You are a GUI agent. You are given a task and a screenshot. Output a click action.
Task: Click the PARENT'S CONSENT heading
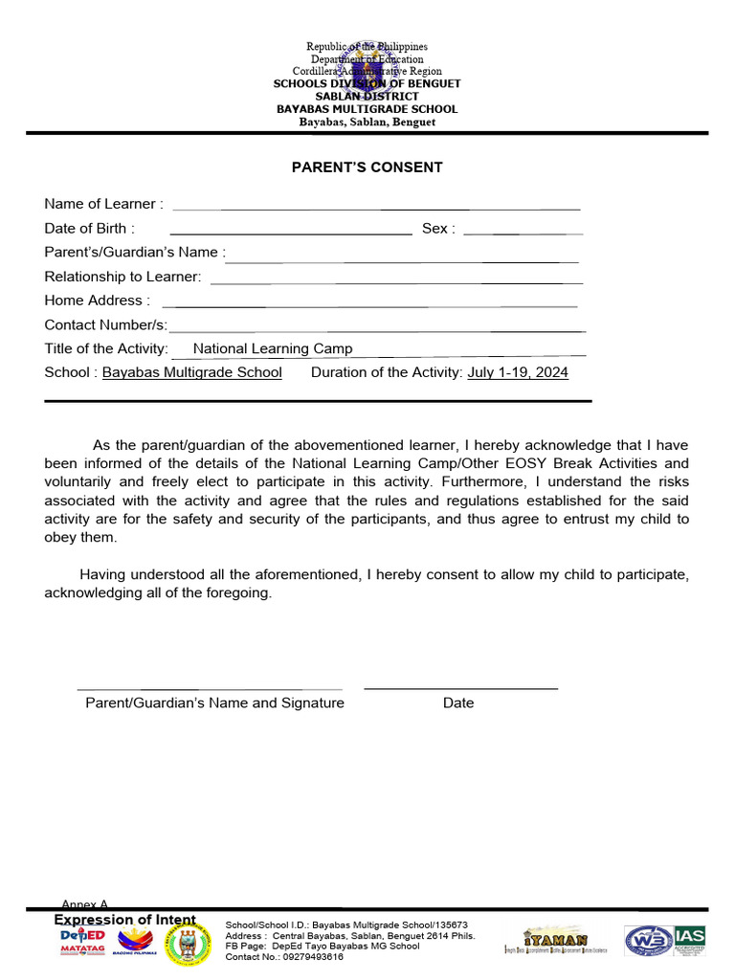click(x=367, y=167)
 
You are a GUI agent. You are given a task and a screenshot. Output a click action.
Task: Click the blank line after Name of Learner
click(x=376, y=208)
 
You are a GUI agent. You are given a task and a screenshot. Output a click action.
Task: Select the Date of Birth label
click(x=89, y=229)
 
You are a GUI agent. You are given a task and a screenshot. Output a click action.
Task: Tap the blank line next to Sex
click(x=523, y=233)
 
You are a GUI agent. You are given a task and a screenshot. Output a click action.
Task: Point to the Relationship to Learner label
click(x=122, y=277)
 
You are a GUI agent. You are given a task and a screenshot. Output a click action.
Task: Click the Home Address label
click(x=97, y=301)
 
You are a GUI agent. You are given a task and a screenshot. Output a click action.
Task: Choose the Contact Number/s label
click(x=105, y=325)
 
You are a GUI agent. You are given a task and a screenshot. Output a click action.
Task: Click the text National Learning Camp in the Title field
click(x=273, y=349)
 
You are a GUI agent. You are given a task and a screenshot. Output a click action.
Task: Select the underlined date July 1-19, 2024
click(x=518, y=372)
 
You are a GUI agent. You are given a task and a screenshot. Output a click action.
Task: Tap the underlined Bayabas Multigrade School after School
click(x=192, y=372)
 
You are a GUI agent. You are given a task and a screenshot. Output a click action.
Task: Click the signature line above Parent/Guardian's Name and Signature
click(x=209, y=688)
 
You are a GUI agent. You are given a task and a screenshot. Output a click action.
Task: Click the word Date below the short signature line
click(x=458, y=703)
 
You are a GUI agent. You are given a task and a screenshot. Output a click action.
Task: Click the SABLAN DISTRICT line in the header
click(x=367, y=97)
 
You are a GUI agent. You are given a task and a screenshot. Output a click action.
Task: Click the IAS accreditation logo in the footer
click(x=689, y=940)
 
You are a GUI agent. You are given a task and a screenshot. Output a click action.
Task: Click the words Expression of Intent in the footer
click(x=124, y=920)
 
